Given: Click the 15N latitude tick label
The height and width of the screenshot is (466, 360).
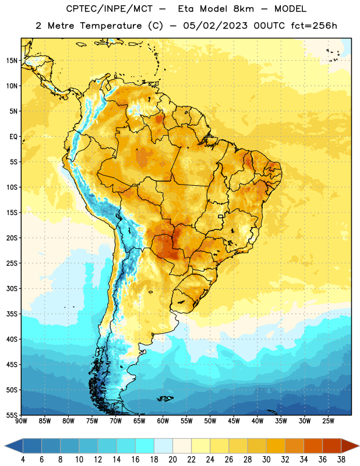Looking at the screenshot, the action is (12, 61).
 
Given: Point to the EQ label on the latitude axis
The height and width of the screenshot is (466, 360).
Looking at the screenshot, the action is (13, 137).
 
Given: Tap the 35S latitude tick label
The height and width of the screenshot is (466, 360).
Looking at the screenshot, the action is (12, 314).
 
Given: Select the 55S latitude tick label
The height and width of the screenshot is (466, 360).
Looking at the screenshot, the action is (12, 415).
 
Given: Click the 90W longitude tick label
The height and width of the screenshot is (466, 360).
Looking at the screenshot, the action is (21, 421).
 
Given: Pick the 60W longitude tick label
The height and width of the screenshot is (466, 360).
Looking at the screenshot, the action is (163, 421).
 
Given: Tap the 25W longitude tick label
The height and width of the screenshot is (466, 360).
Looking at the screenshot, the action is (328, 421).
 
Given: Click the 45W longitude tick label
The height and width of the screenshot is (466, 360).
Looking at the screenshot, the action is (234, 421).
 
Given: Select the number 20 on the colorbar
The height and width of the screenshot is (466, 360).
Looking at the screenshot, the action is (172, 460).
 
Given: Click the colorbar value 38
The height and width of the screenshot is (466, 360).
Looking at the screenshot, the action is (341, 460).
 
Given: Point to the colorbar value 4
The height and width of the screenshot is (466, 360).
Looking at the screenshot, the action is (23, 460).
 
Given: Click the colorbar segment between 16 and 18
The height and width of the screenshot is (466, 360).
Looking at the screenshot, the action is (145, 446).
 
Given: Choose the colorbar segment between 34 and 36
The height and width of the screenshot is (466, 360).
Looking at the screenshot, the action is (313, 446).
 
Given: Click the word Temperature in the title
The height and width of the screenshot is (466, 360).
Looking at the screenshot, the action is (111, 26).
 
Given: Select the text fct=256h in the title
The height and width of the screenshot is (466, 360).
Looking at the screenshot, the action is (314, 26).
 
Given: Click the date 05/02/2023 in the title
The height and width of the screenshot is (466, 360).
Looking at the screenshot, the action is (215, 26).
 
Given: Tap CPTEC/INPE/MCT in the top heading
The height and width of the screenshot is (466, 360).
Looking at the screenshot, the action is (109, 9).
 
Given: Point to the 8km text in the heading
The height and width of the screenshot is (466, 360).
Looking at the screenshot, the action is (243, 9).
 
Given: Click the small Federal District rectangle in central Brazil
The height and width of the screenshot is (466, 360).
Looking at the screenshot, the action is (221, 216).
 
